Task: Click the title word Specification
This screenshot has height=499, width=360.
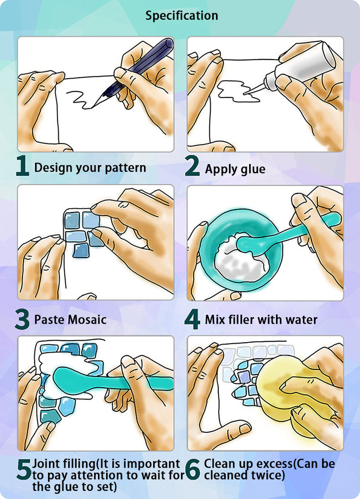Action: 182,15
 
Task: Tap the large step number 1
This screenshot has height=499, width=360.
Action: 23,166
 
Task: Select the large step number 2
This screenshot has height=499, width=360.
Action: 192,166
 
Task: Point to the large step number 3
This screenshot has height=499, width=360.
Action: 22,319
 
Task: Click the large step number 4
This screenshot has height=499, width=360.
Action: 192,319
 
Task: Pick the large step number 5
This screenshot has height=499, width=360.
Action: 24,469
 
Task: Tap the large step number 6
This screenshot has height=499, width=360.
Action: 192,469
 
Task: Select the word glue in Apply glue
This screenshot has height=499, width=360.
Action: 253,169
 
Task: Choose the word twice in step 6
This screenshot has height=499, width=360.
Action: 266,475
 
